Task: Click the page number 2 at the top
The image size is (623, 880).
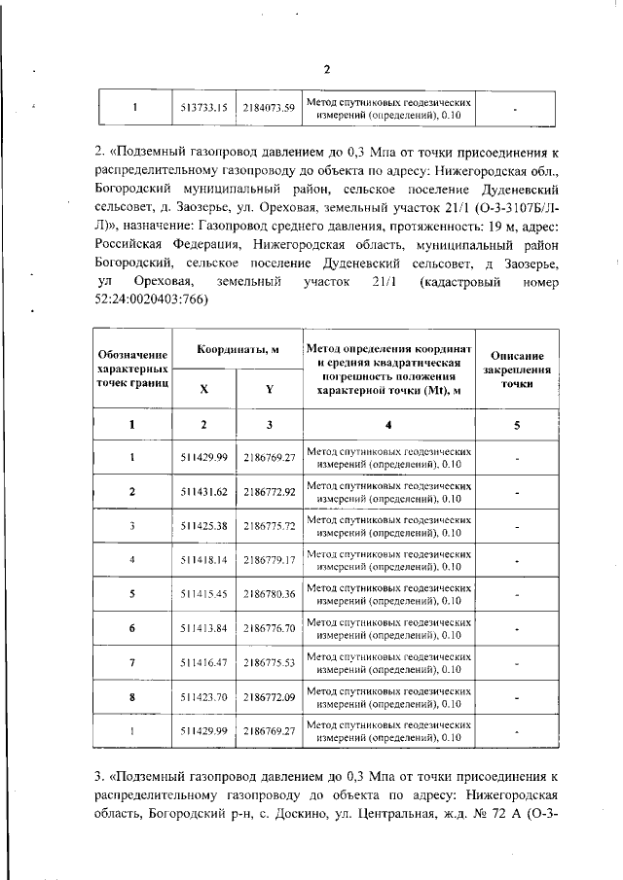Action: coord(327,69)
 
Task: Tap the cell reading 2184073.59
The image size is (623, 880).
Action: coord(269,108)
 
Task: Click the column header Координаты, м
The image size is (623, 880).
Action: coord(237,349)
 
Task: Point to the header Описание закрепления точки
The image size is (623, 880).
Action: coord(517,370)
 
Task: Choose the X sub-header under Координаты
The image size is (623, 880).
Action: coord(203,387)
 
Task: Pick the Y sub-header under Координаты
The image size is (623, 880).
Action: coord(269,387)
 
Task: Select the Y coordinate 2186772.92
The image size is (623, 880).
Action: coord(269,492)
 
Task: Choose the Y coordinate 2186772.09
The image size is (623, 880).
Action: coord(269,696)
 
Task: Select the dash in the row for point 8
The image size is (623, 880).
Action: coord(517,696)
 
